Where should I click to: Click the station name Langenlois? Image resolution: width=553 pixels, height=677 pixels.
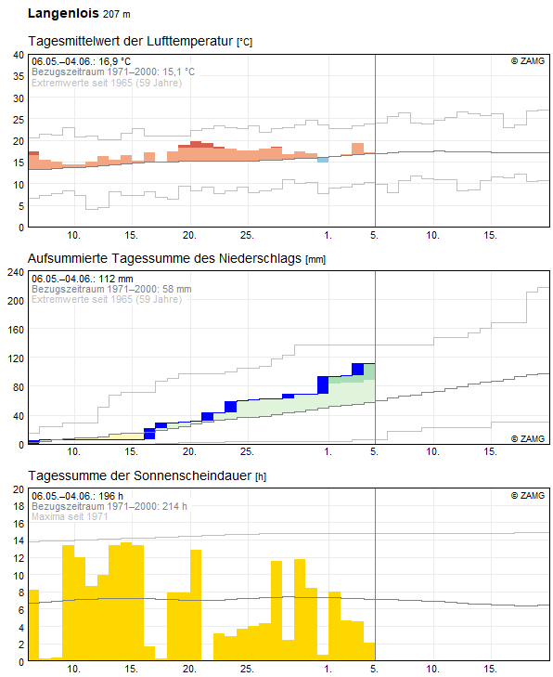coord(63,13)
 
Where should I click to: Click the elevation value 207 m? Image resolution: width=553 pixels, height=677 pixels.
coord(117,14)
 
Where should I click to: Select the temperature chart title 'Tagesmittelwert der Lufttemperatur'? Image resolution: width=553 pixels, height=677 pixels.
coord(131,41)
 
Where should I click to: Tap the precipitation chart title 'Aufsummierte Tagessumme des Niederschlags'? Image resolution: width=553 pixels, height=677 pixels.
coord(164,258)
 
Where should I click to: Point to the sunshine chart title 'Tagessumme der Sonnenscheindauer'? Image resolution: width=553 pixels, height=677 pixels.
coord(140,475)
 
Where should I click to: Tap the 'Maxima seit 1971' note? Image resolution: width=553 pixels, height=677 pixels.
coord(70,516)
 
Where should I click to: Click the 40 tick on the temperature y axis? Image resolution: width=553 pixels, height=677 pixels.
coord(19,55)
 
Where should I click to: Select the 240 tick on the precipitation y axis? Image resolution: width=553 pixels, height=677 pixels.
coord(16,272)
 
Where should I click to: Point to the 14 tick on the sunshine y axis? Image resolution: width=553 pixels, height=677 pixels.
coord(19,540)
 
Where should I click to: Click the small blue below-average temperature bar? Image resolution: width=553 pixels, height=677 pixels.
coord(323,160)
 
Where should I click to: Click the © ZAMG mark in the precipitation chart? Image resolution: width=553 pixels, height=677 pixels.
coord(528,438)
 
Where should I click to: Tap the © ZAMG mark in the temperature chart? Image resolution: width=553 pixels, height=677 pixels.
coord(528,61)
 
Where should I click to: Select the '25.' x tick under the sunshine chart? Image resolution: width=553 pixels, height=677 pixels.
coord(247,669)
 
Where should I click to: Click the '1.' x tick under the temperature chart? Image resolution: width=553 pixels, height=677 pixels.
coord(328,235)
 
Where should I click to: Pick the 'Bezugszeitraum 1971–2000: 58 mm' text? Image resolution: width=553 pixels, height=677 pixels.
coord(111,289)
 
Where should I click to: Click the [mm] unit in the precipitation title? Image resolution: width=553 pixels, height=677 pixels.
coord(315,259)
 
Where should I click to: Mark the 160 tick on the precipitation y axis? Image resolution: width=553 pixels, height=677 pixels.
coord(16,330)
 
